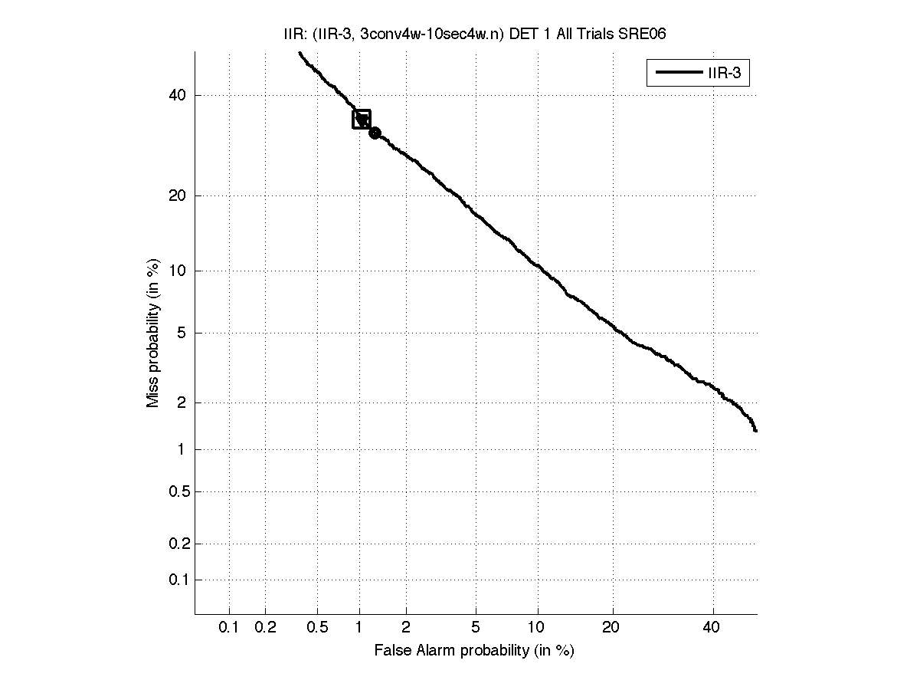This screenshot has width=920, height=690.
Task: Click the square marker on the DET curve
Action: [362, 119]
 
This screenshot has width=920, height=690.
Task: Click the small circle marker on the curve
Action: [375, 133]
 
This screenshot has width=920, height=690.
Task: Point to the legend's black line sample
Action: [674, 74]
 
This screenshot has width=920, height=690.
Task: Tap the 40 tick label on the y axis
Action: [178, 96]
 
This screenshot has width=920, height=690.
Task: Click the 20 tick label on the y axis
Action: [178, 195]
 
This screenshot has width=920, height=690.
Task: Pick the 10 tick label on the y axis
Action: [178, 271]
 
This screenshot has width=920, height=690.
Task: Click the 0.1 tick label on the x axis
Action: [229, 628]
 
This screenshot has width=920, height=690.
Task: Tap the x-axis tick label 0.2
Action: [265, 628]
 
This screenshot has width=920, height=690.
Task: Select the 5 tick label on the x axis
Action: [476, 628]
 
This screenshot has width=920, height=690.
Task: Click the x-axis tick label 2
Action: [406, 628]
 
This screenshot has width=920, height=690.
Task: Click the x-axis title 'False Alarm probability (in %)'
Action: [474, 651]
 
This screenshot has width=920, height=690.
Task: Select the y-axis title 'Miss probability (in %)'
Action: [154, 333]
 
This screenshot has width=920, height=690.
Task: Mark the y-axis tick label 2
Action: [182, 402]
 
